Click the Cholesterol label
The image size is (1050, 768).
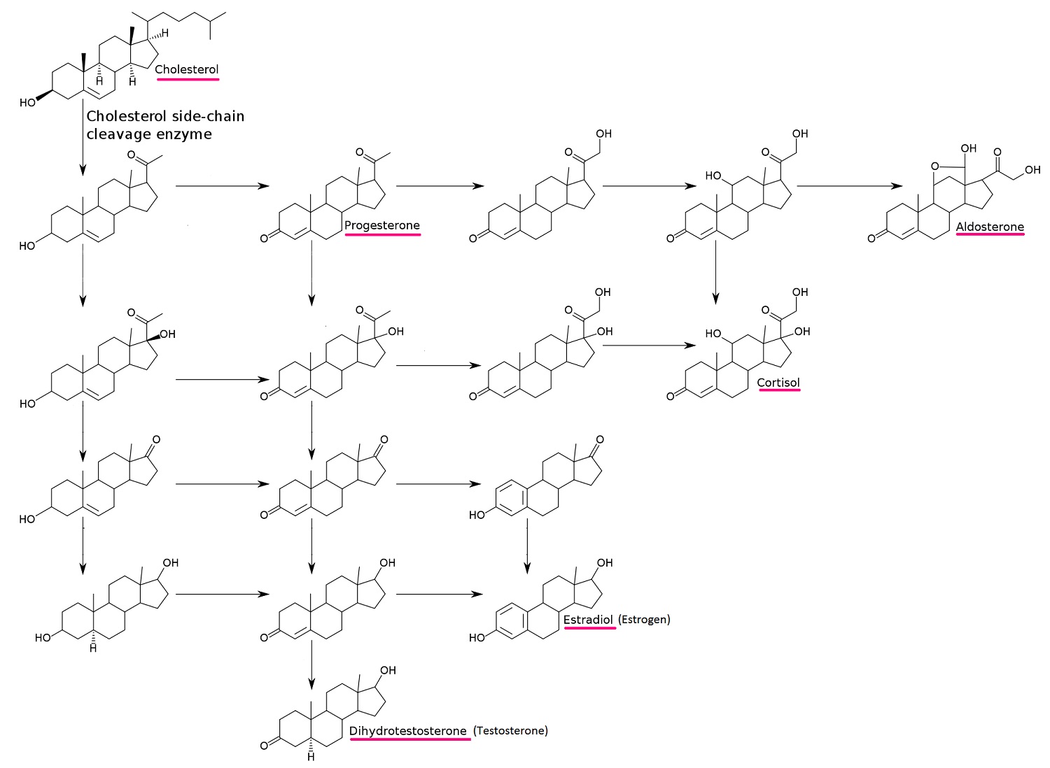[187, 69]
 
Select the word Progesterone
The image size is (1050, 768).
[382, 225]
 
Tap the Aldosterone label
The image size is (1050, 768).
[990, 227]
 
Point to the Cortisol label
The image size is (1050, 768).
[778, 383]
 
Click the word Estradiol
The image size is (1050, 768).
[589, 620]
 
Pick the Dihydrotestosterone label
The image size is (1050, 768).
[408, 731]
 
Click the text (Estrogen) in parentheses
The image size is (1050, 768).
[644, 620]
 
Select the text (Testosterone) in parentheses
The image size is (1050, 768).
[510, 731]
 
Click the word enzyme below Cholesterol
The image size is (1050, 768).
[186, 134]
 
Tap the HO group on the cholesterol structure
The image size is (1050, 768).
[28, 103]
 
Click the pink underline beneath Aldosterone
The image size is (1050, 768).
[990, 236]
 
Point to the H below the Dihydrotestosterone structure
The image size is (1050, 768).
[311, 757]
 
